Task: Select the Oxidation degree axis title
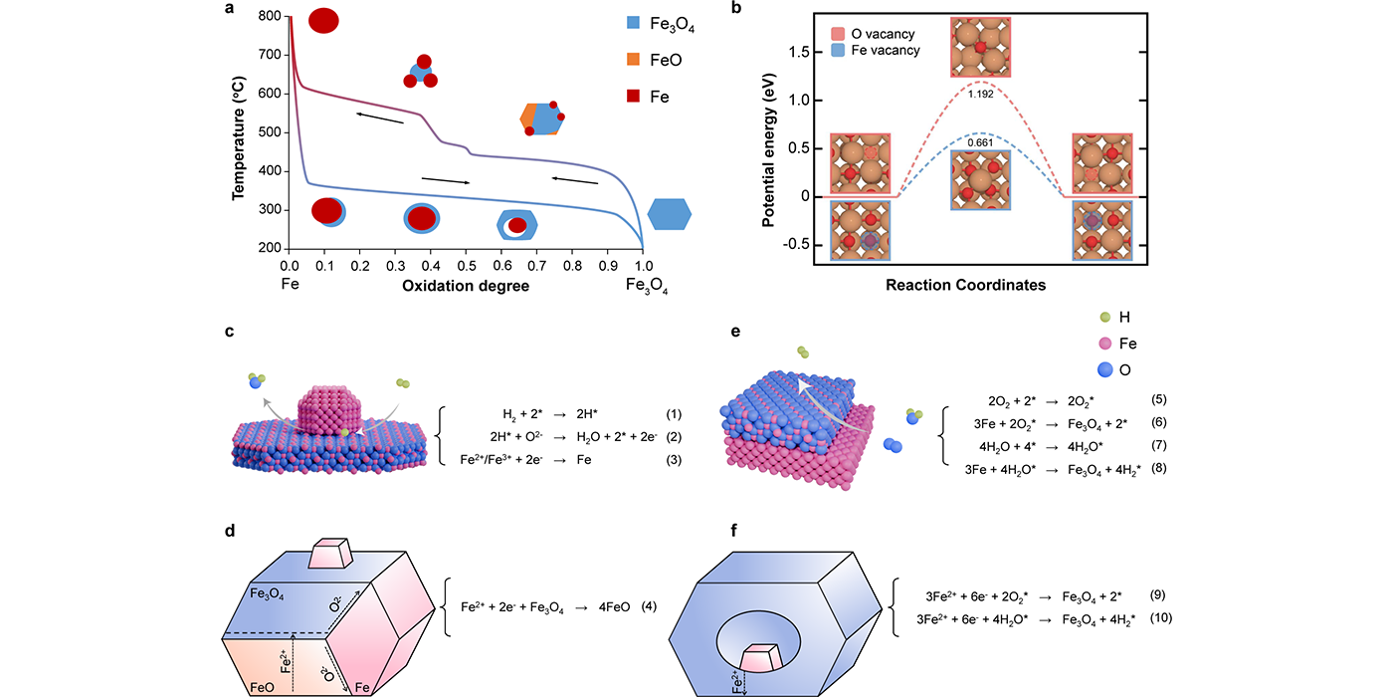click(x=466, y=287)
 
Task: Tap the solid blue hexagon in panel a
click(x=670, y=213)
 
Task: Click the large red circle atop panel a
click(x=323, y=20)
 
